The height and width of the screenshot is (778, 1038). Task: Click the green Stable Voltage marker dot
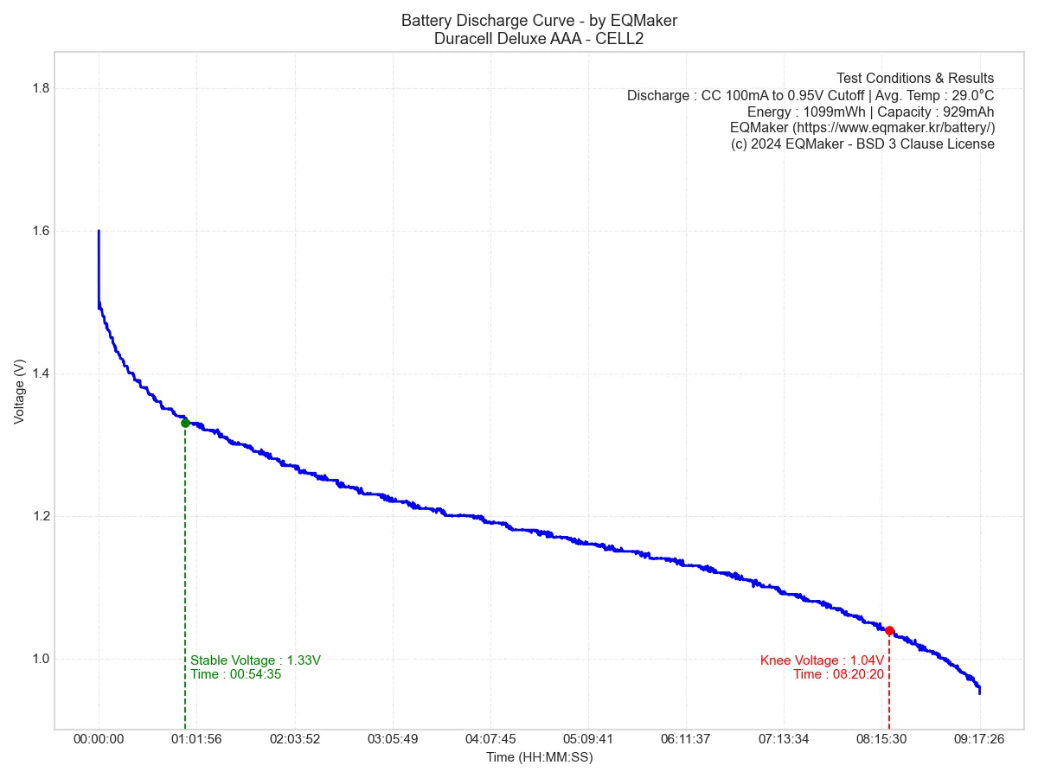[x=185, y=423]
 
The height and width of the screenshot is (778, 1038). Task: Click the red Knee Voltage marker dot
[x=889, y=631]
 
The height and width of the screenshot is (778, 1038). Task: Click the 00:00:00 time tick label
[x=99, y=739]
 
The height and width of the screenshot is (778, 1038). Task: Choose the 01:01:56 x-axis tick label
[x=196, y=739]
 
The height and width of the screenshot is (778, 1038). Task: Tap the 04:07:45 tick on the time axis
[x=490, y=739]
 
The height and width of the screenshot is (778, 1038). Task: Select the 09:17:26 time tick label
[x=979, y=739]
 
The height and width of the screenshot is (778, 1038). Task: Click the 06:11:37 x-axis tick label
[x=685, y=739]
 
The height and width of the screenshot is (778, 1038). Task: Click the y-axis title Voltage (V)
[x=19, y=391]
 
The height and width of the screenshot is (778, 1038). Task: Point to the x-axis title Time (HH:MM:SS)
[x=539, y=757]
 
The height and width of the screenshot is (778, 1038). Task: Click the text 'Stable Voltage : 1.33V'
[x=256, y=660]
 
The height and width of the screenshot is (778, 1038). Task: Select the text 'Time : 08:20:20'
[x=838, y=674]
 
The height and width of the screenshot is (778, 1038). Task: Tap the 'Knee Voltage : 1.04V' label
[x=822, y=660]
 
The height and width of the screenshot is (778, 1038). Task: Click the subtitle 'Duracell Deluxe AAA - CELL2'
[x=539, y=39]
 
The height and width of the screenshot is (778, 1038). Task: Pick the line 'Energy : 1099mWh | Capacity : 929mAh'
[x=870, y=112]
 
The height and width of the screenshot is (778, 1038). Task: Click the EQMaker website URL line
[x=862, y=128]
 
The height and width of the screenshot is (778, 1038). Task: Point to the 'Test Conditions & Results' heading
[x=915, y=79]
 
